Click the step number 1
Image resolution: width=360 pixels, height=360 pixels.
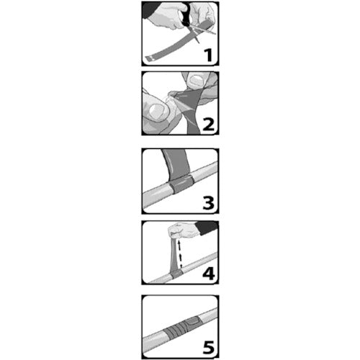tap(208, 55)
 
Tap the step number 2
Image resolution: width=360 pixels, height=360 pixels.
tap(209, 125)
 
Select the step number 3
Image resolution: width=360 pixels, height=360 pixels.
tap(208, 203)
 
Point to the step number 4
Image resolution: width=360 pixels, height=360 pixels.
tap(208, 274)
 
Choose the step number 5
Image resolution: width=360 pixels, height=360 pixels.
tap(208, 347)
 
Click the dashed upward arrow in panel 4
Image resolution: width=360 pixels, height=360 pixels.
tap(180, 254)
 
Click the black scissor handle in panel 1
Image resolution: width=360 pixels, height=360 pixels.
tap(186, 15)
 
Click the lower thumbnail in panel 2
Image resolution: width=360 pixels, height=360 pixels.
tap(157, 112)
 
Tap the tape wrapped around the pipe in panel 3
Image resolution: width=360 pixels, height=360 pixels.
tap(181, 184)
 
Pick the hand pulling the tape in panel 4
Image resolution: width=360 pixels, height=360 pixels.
tap(184, 230)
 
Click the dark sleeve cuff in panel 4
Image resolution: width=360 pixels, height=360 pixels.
tap(207, 228)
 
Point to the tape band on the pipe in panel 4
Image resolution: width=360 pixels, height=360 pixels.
tap(176, 274)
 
